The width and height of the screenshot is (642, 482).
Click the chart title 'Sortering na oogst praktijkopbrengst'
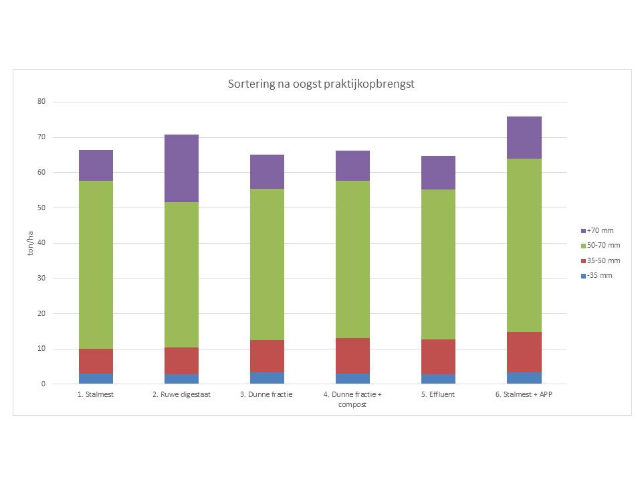click(321, 84)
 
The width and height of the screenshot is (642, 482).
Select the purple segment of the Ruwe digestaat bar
click(181, 169)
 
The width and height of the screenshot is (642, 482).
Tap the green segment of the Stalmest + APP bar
click(524, 245)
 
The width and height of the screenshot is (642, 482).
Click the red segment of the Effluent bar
click(438, 357)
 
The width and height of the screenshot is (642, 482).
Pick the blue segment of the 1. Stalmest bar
click(96, 379)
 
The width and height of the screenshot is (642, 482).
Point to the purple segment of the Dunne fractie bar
click(267, 172)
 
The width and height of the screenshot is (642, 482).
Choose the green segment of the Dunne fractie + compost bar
click(352, 260)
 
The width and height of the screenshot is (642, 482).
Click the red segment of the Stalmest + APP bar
click(524, 352)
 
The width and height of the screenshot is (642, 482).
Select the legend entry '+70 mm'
click(597, 231)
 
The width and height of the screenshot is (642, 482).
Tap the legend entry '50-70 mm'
click(601, 246)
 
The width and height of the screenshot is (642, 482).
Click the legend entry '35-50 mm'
click(601, 260)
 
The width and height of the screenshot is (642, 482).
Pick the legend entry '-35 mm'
click(597, 276)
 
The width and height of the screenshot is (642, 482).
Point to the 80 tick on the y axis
click(41, 101)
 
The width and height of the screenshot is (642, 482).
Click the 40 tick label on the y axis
click(41, 242)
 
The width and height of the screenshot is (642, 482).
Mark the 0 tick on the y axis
click(43, 384)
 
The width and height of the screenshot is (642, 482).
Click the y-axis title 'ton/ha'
click(30, 243)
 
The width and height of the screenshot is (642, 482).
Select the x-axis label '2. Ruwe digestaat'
click(181, 395)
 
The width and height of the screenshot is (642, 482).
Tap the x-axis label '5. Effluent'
click(438, 395)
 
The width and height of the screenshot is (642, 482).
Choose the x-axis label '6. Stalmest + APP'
click(524, 395)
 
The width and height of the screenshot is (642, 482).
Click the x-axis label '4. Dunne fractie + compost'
click(352, 400)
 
